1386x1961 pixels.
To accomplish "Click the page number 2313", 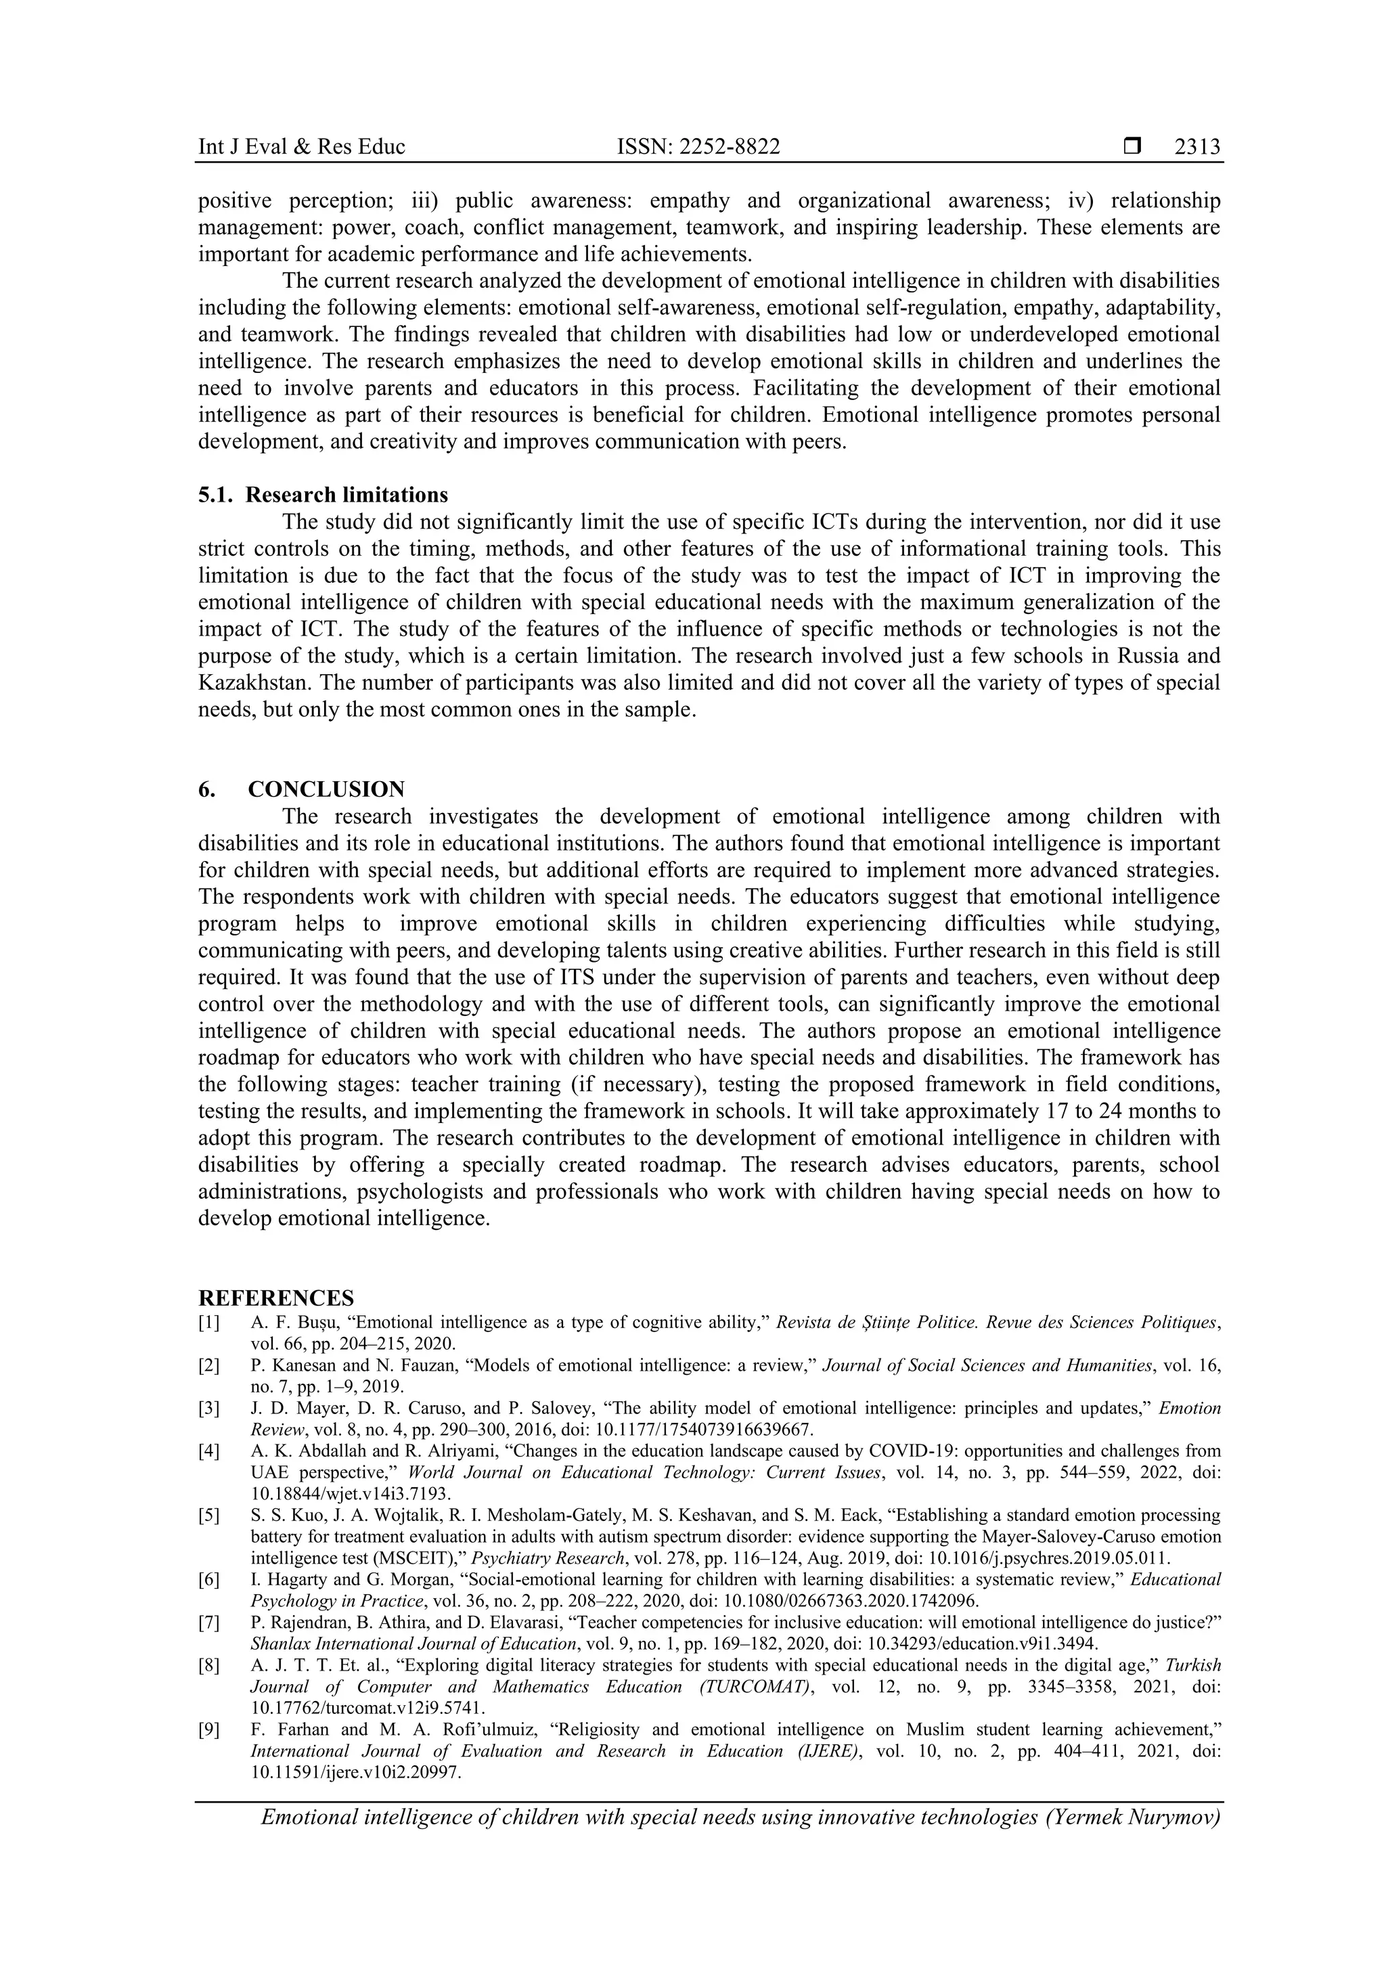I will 1197,147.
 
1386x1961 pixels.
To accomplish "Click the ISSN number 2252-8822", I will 698,147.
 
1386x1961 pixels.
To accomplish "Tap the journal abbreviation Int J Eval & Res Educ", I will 301,147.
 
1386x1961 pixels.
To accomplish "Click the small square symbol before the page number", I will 1132,147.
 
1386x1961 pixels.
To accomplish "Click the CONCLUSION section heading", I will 326,789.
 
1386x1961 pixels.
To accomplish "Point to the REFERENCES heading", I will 276,1298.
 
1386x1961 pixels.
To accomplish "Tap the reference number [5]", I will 209,1515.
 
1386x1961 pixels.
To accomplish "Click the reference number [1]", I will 209,1322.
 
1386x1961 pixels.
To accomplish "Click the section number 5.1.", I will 215,495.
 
